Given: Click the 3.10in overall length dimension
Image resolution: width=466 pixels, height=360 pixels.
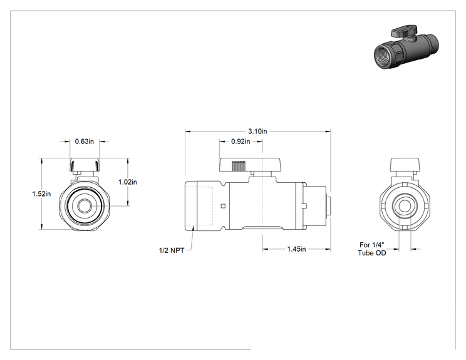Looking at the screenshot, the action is point(257,131).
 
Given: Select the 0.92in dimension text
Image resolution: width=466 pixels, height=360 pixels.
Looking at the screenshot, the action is point(241,141).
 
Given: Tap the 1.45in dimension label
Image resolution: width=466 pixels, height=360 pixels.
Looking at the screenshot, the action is point(296,249).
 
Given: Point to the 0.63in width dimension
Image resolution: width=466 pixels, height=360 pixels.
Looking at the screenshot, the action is point(85,141).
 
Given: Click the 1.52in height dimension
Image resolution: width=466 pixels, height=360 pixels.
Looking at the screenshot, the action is point(41,194).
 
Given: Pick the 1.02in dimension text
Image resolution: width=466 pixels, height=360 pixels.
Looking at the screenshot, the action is point(128,182).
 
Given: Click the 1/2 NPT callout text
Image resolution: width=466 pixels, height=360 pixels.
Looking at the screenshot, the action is point(172,250).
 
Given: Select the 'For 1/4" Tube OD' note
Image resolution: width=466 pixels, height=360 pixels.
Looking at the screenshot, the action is point(372,249).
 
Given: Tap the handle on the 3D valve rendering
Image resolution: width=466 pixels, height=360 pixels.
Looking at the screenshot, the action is point(405,31).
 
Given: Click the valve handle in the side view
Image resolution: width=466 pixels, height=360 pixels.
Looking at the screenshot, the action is point(250,165).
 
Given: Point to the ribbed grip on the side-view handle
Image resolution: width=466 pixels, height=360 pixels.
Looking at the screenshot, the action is point(239,167).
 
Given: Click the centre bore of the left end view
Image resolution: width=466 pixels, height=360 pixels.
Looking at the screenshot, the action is point(85,206).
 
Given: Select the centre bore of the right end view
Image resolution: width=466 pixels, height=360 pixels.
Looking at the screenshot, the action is point(405,206).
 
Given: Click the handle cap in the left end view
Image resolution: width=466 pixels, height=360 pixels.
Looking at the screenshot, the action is point(85,165).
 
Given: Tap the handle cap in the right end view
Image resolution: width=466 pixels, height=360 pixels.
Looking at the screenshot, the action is point(405,165).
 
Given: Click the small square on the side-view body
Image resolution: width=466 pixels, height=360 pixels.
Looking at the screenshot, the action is point(223,206).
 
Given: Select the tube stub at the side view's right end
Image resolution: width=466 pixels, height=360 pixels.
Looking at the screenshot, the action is point(328,206).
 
